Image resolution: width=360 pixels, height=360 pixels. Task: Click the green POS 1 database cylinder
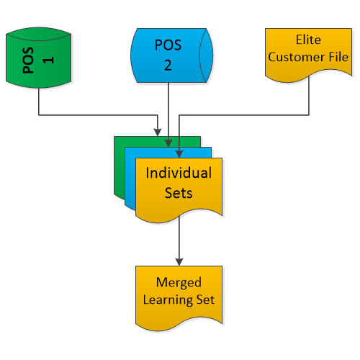pyautogui.click(x=38, y=58)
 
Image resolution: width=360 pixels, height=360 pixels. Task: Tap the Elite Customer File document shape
pyautogui.click(x=308, y=55)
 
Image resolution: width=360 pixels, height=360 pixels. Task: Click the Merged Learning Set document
pyautogui.click(x=179, y=298)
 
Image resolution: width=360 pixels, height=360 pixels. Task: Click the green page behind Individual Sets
pyautogui.click(x=120, y=168)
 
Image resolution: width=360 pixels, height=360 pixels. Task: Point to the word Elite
pyautogui.click(x=308, y=40)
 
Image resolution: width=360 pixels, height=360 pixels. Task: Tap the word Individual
pyautogui.click(x=179, y=173)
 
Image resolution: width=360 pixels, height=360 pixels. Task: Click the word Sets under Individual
pyautogui.click(x=179, y=193)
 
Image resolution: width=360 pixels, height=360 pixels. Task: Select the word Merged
pyautogui.click(x=179, y=283)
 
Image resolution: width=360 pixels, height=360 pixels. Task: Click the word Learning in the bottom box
pyautogui.click(x=168, y=300)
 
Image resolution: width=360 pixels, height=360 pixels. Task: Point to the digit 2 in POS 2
pyautogui.click(x=168, y=65)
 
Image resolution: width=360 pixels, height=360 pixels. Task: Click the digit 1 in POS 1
pyautogui.click(x=48, y=60)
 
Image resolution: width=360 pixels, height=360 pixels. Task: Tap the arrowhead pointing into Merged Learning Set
pyautogui.click(x=179, y=262)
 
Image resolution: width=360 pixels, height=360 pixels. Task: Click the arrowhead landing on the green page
pyautogui.click(x=158, y=132)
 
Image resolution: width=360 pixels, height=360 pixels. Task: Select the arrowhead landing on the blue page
pyautogui.click(x=168, y=143)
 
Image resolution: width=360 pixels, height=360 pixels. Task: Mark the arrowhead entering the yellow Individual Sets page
pyautogui.click(x=179, y=154)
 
